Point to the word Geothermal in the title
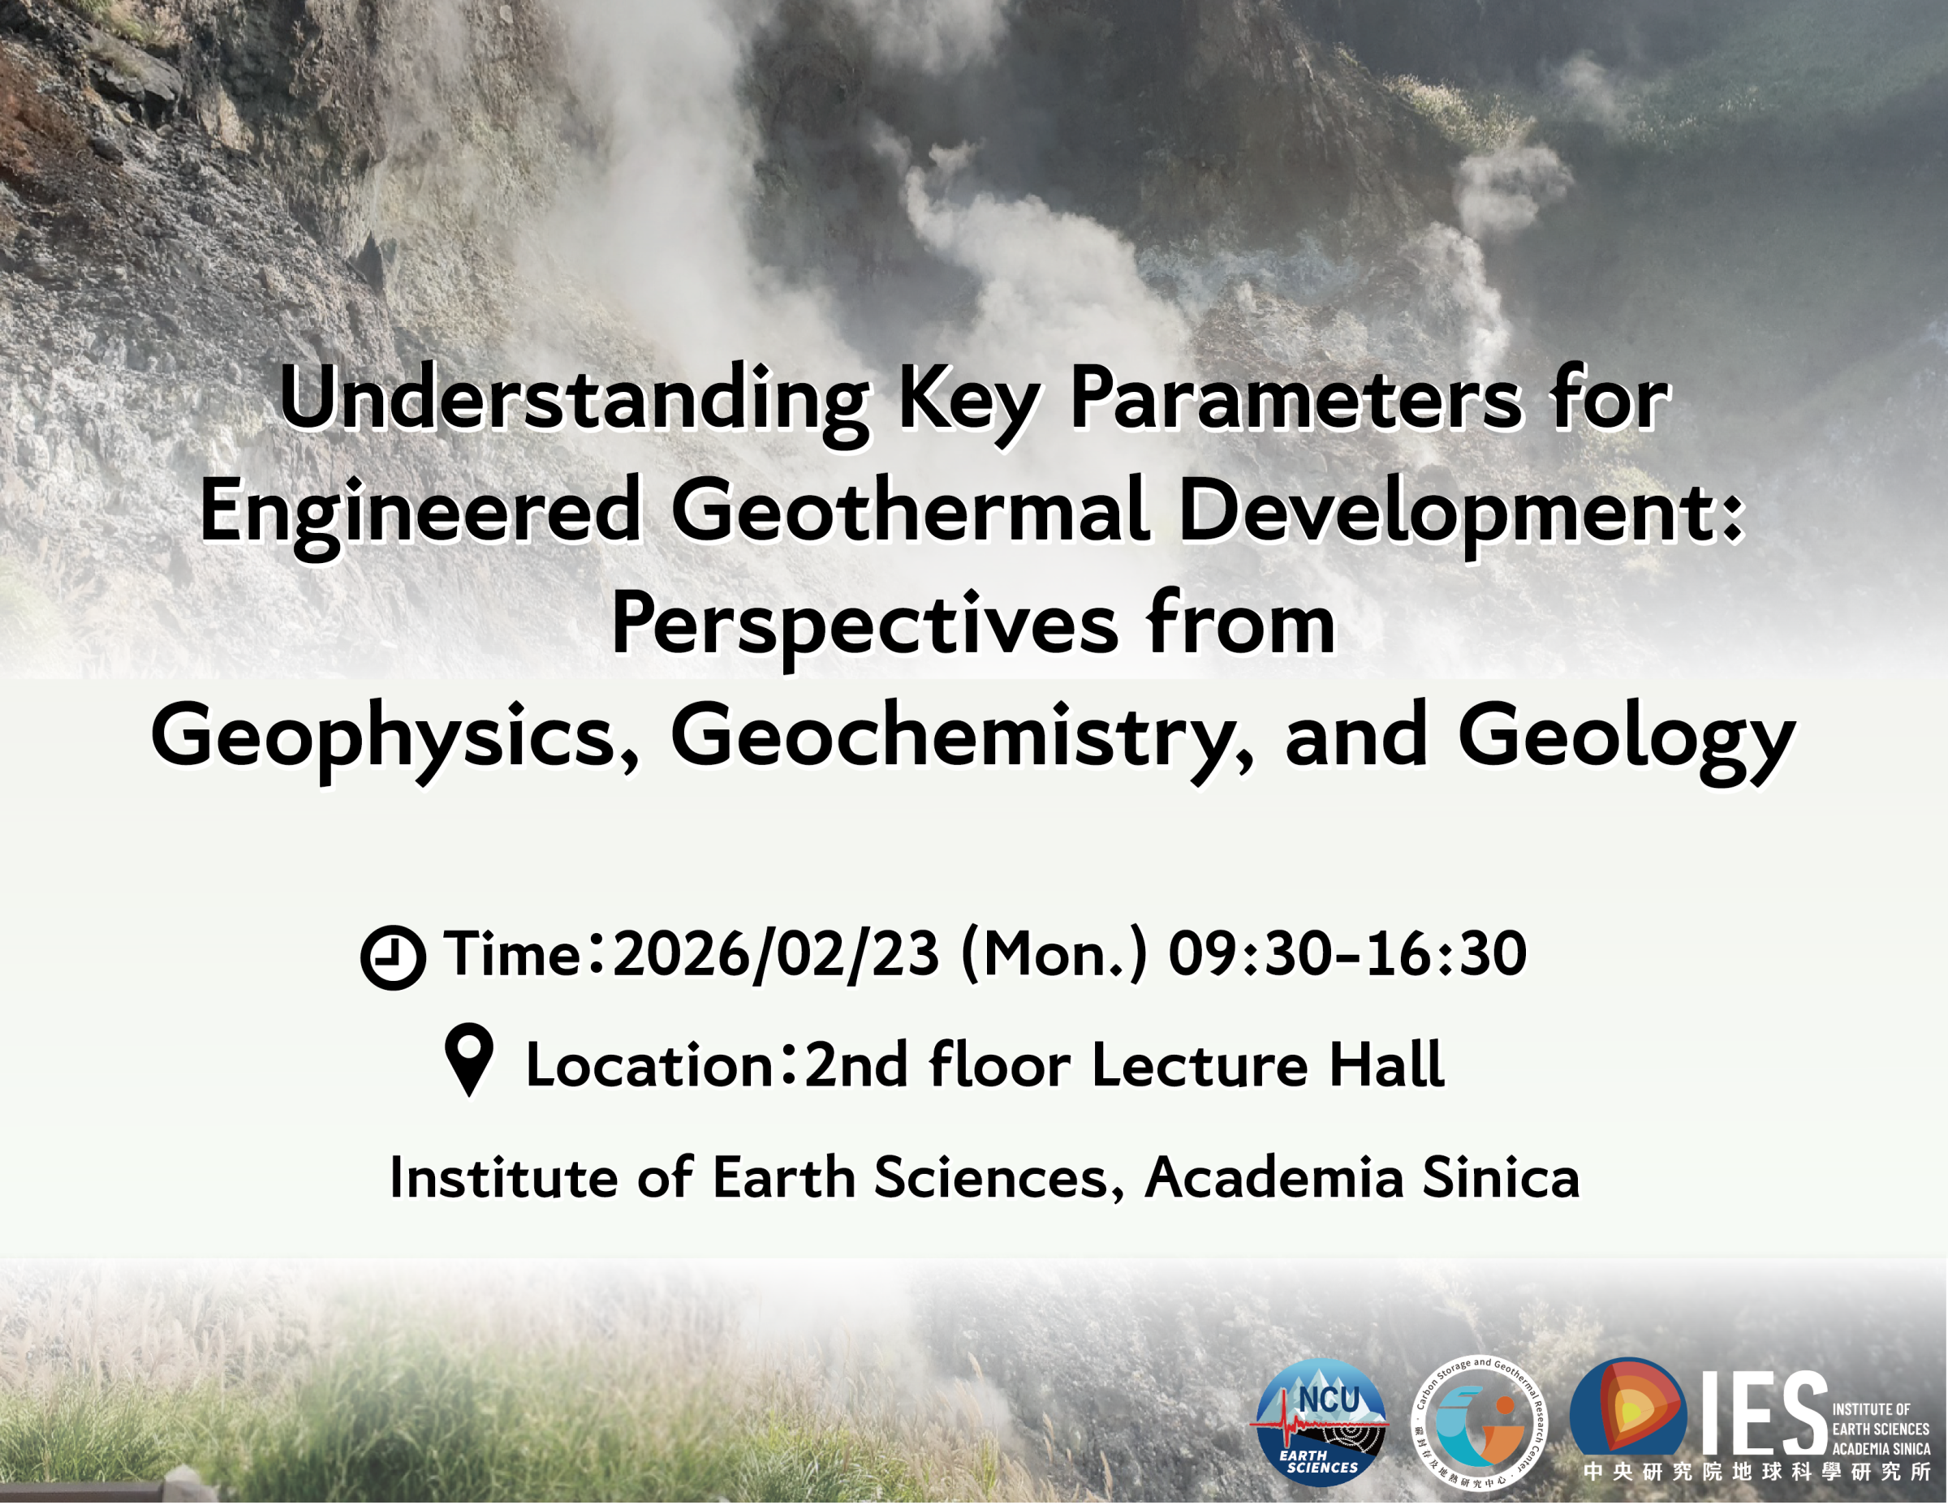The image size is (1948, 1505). click(x=909, y=512)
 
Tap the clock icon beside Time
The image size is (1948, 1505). click(x=393, y=957)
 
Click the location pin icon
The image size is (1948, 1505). click(x=469, y=1060)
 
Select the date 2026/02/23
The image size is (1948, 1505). click(x=776, y=954)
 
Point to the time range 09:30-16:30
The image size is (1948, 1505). click(x=1347, y=954)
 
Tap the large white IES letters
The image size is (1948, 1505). click(x=1764, y=1414)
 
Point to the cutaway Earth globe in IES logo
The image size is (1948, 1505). click(x=1627, y=1407)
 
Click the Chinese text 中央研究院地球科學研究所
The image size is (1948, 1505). click(x=1756, y=1472)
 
